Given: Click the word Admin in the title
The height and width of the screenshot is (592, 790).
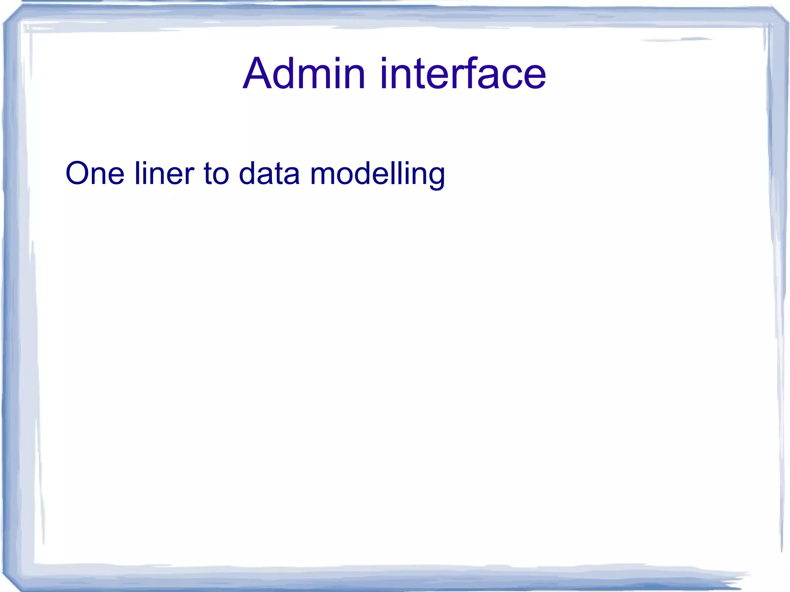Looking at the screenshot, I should pos(304,73).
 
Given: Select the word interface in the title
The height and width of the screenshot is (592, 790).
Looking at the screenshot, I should pos(463,73).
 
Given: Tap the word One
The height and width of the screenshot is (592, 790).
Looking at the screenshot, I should pos(95,174).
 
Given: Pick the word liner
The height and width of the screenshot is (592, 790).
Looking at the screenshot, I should pos(164,174).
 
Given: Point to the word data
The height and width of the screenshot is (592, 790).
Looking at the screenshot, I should pos(269,174).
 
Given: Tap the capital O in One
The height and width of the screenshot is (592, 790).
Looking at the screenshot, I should pos(79,174).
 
